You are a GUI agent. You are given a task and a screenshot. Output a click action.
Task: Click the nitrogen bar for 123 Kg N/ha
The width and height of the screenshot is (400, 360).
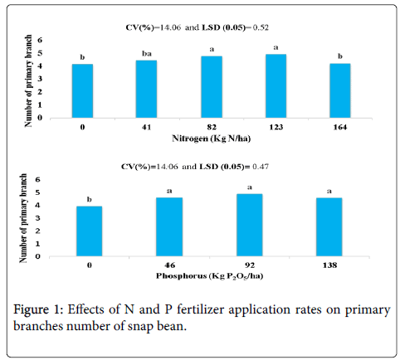pos(276,86)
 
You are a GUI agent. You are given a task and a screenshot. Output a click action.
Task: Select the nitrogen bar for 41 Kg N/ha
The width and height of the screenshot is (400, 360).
pos(146,89)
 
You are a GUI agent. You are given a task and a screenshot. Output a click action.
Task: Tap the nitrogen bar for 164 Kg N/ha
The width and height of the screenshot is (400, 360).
pos(340,90)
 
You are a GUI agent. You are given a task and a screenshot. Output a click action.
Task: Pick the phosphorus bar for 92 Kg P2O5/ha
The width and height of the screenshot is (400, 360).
pos(250,225)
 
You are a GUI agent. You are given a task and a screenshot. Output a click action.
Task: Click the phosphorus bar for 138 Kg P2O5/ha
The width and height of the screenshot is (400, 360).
pos(329,227)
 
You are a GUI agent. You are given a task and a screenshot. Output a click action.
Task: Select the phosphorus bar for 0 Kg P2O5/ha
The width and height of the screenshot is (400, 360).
pos(90,231)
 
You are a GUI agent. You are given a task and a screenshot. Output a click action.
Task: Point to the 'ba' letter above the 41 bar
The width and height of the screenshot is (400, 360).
pos(147,54)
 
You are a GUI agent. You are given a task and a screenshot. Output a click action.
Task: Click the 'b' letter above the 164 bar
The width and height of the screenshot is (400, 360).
pos(340,56)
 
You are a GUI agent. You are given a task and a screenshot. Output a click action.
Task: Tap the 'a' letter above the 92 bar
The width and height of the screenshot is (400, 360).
pos(250,187)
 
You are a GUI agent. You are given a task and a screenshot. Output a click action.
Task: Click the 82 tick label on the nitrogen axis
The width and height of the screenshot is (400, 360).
pos(212,127)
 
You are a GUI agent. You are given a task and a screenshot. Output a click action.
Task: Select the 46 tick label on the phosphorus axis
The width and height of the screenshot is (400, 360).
pos(169,265)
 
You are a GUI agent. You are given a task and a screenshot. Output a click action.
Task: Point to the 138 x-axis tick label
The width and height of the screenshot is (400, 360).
pos(329,265)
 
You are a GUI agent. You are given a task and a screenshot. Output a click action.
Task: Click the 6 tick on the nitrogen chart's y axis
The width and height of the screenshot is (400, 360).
pos(40,41)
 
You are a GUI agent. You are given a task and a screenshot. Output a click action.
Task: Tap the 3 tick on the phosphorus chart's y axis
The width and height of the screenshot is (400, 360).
pos(37,218)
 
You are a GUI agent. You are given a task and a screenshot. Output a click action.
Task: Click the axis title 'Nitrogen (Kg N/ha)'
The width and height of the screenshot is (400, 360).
pos(212,139)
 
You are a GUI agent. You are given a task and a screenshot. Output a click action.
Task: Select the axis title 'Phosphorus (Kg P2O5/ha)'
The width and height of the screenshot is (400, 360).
pos(209,276)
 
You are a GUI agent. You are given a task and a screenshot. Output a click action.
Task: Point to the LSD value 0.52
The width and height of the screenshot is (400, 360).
pos(261,27)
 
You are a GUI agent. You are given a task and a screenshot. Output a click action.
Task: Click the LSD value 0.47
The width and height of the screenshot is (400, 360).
pos(261,167)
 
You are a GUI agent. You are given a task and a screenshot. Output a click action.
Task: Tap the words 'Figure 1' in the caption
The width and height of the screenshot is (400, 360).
pos(37,309)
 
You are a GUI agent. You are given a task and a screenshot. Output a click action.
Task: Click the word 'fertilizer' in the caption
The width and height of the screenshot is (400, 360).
pos(200,309)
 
